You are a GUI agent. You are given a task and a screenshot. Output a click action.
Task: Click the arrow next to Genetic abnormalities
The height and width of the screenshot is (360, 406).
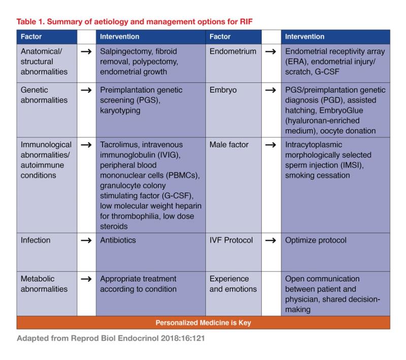pyautogui.click(x=86, y=90)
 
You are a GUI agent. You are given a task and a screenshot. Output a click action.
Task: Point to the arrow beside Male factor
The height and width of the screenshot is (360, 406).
pyautogui.click(x=271, y=145)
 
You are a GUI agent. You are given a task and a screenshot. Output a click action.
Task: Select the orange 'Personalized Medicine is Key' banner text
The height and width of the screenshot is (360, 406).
pyautogui.click(x=203, y=322)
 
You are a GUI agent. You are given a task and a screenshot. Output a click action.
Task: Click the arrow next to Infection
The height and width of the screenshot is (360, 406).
pyautogui.click(x=86, y=240)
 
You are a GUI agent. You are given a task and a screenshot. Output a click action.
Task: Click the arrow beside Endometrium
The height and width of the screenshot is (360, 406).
pyautogui.click(x=271, y=52)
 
